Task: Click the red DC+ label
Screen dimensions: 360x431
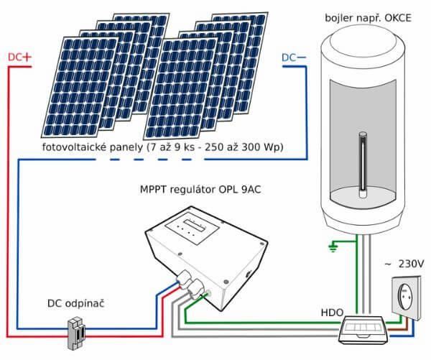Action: (x=21, y=56)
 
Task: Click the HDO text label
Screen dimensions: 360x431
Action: (x=332, y=314)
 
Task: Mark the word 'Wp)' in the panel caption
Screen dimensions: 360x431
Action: (x=272, y=147)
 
